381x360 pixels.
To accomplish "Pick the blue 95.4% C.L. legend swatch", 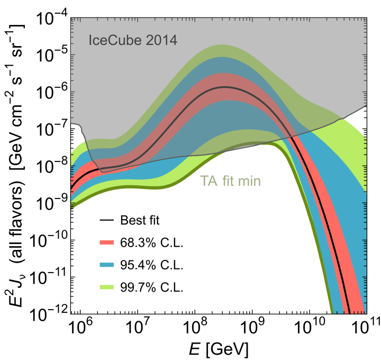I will coord(108,265).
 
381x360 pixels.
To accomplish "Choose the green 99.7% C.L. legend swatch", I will coord(108,287).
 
